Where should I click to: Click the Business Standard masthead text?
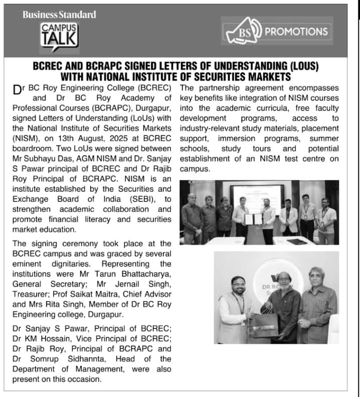point(59,15)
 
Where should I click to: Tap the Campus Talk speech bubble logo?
point(59,36)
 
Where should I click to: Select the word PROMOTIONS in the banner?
point(296,32)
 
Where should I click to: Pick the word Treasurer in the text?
point(29,294)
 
